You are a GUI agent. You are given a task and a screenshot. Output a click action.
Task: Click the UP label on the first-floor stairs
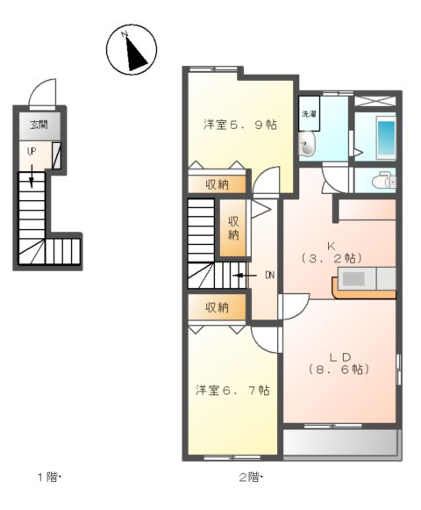pyautogui.click(x=32, y=151)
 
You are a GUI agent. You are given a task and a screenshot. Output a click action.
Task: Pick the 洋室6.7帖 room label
pyautogui.click(x=232, y=390)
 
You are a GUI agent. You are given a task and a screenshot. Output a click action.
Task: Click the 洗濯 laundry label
pyautogui.click(x=310, y=115)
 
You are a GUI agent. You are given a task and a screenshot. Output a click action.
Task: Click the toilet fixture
pyautogui.click(x=383, y=181)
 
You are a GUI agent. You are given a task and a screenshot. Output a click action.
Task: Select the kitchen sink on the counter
pyautogui.click(x=356, y=279)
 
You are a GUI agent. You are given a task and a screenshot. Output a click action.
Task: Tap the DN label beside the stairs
pyautogui.click(x=269, y=275)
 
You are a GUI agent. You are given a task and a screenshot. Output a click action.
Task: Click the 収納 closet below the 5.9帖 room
pyautogui.click(x=218, y=184)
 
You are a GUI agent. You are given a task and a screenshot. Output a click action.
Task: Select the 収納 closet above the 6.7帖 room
pyautogui.click(x=218, y=307)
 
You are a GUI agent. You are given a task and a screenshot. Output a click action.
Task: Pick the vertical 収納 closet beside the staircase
pyautogui.click(x=234, y=228)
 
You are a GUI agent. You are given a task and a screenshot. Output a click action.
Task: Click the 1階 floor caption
pyautogui.click(x=50, y=478)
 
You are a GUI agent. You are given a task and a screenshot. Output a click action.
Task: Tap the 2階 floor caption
pyautogui.click(x=251, y=478)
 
